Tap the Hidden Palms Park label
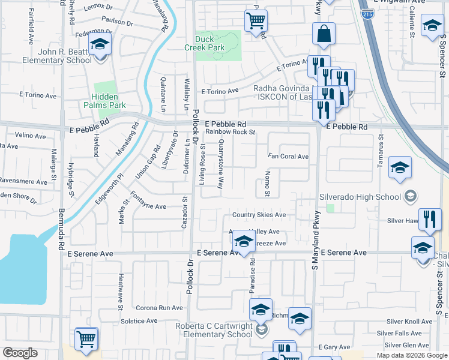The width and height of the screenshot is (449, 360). tap(109, 101)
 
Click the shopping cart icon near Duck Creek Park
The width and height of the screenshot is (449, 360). tap(256, 21)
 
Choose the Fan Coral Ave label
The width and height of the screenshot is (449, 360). tap(288, 157)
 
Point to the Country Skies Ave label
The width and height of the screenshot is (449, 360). tap(259, 215)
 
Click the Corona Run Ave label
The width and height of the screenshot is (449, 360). tap(159, 308)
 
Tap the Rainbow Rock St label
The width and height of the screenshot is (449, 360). tap(231, 132)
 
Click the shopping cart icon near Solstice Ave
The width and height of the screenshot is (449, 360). tap(86, 338)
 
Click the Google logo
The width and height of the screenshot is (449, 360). tap(20, 353)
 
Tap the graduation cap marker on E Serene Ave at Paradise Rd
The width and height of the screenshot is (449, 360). tap(243, 241)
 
